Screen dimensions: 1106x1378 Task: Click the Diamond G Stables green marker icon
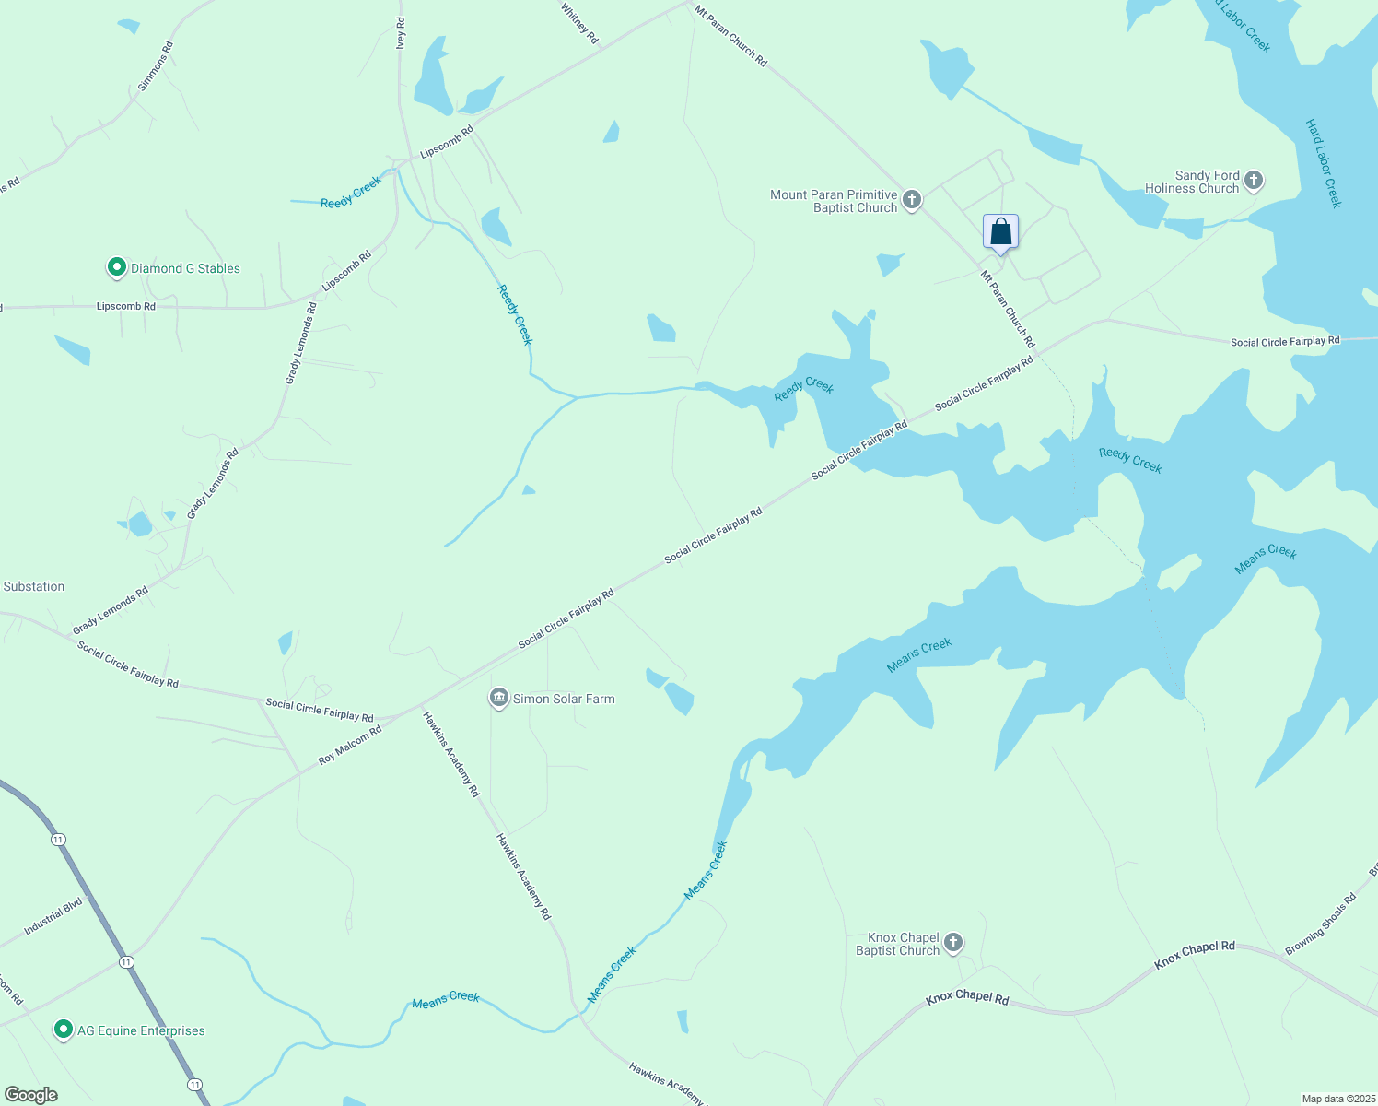116,268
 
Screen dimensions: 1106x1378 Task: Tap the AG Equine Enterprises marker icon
64,1030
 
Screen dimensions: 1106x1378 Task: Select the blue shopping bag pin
1000,232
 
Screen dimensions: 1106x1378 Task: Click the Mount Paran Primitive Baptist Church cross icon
911,200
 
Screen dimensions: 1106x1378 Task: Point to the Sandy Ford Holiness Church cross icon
1254,181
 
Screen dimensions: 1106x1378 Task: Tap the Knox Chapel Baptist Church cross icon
953,943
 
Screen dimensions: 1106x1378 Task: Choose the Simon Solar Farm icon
499,698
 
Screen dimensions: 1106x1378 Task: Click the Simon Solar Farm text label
564,699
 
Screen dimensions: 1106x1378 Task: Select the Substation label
34,586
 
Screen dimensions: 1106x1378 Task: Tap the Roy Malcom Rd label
350,746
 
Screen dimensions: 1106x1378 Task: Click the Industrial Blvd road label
53,916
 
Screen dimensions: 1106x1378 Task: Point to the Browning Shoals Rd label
1320,924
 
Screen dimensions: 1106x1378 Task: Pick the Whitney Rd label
579,22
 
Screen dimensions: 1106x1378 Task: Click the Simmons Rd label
155,65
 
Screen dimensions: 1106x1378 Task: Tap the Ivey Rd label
400,33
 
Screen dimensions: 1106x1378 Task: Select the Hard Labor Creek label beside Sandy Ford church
1324,163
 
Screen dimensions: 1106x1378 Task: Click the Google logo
30,1095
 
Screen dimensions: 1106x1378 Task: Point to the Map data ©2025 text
1337,1099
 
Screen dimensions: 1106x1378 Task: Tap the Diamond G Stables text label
185,268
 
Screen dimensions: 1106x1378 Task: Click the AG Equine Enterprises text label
141,1030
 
